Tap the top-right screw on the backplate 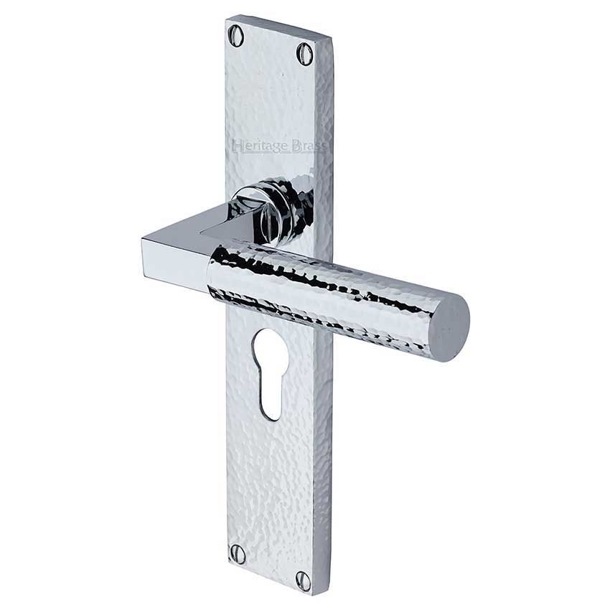[305, 52]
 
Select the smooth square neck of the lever [179, 251]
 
